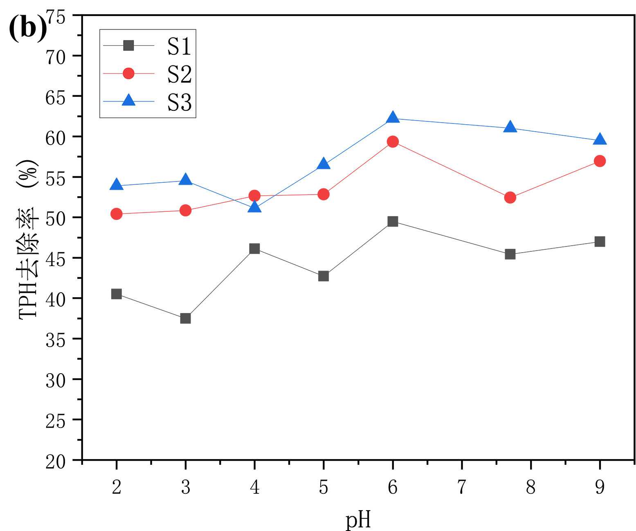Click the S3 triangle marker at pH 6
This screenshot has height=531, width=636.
pos(393,118)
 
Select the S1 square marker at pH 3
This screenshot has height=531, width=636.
pos(185,318)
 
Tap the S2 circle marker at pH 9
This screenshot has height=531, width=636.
pos(600,161)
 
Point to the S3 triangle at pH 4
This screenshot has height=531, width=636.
pos(254,208)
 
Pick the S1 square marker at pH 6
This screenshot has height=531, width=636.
pos(393,222)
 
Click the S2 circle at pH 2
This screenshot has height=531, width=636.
pos(117,214)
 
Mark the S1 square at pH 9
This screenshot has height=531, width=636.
pos(600,242)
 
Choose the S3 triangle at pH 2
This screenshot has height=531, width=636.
pos(117,185)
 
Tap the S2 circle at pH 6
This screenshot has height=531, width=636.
pos(393,142)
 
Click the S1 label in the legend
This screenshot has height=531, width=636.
pos(179,46)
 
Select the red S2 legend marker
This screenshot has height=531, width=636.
pos(128,74)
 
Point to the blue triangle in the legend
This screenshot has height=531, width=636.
pos(128,100)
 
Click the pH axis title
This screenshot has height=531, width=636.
pos(358,520)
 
